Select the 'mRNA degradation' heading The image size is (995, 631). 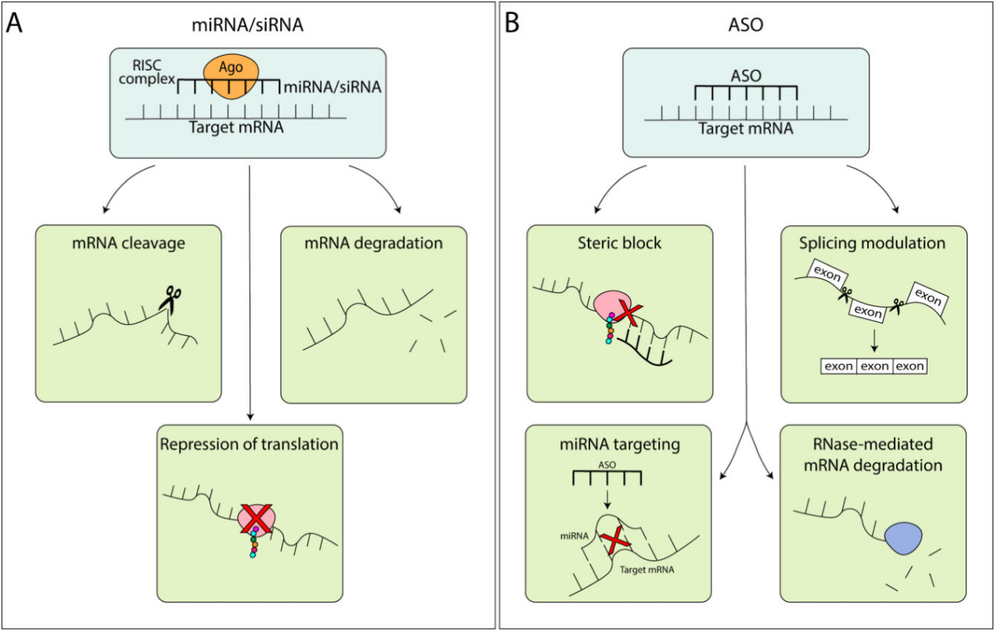pos(373,243)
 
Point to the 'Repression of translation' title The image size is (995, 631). pos(250,444)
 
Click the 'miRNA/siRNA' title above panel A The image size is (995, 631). pos(248,25)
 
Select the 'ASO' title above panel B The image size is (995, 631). pos(745,25)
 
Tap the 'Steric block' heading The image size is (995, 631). pos(619,243)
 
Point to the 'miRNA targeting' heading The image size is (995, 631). pos(619,444)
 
